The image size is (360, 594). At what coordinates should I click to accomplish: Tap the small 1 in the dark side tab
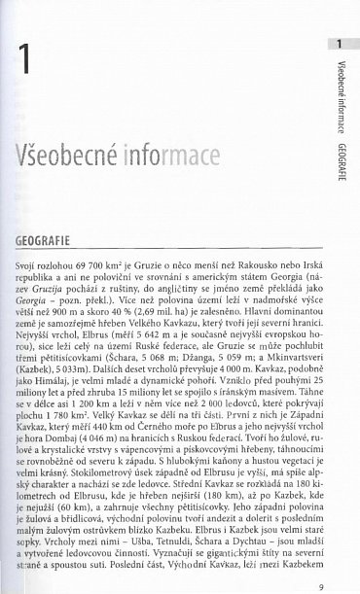339,45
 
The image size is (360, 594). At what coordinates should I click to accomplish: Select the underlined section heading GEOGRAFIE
42,236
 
